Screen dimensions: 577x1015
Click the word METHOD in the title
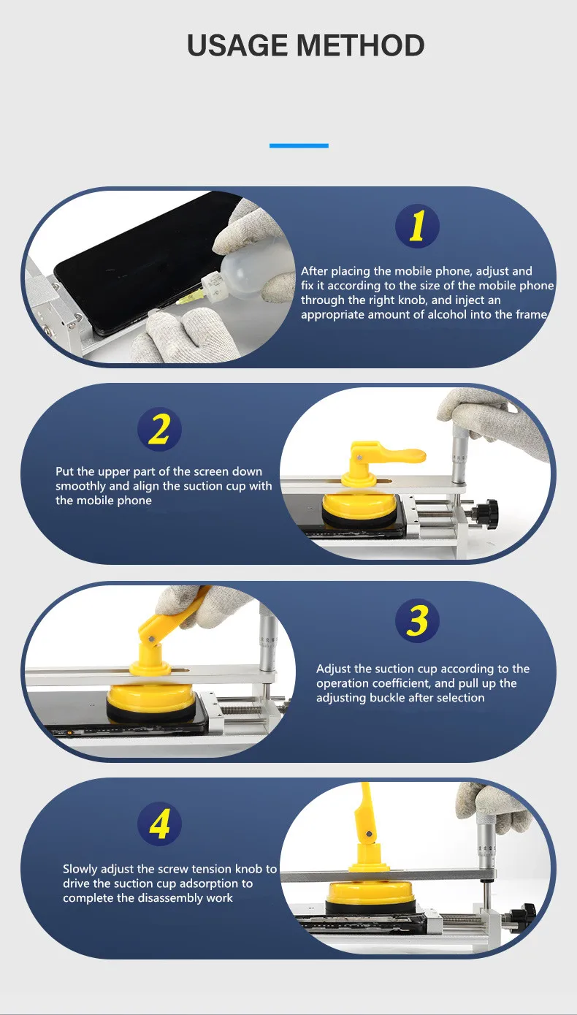click(361, 45)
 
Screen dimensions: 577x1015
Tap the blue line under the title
click(299, 145)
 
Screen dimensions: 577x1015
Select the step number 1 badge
click(417, 226)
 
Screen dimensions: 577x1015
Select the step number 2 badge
click(159, 429)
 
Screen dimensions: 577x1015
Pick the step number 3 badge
click(417, 620)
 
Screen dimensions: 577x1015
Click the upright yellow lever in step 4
click(367, 816)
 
